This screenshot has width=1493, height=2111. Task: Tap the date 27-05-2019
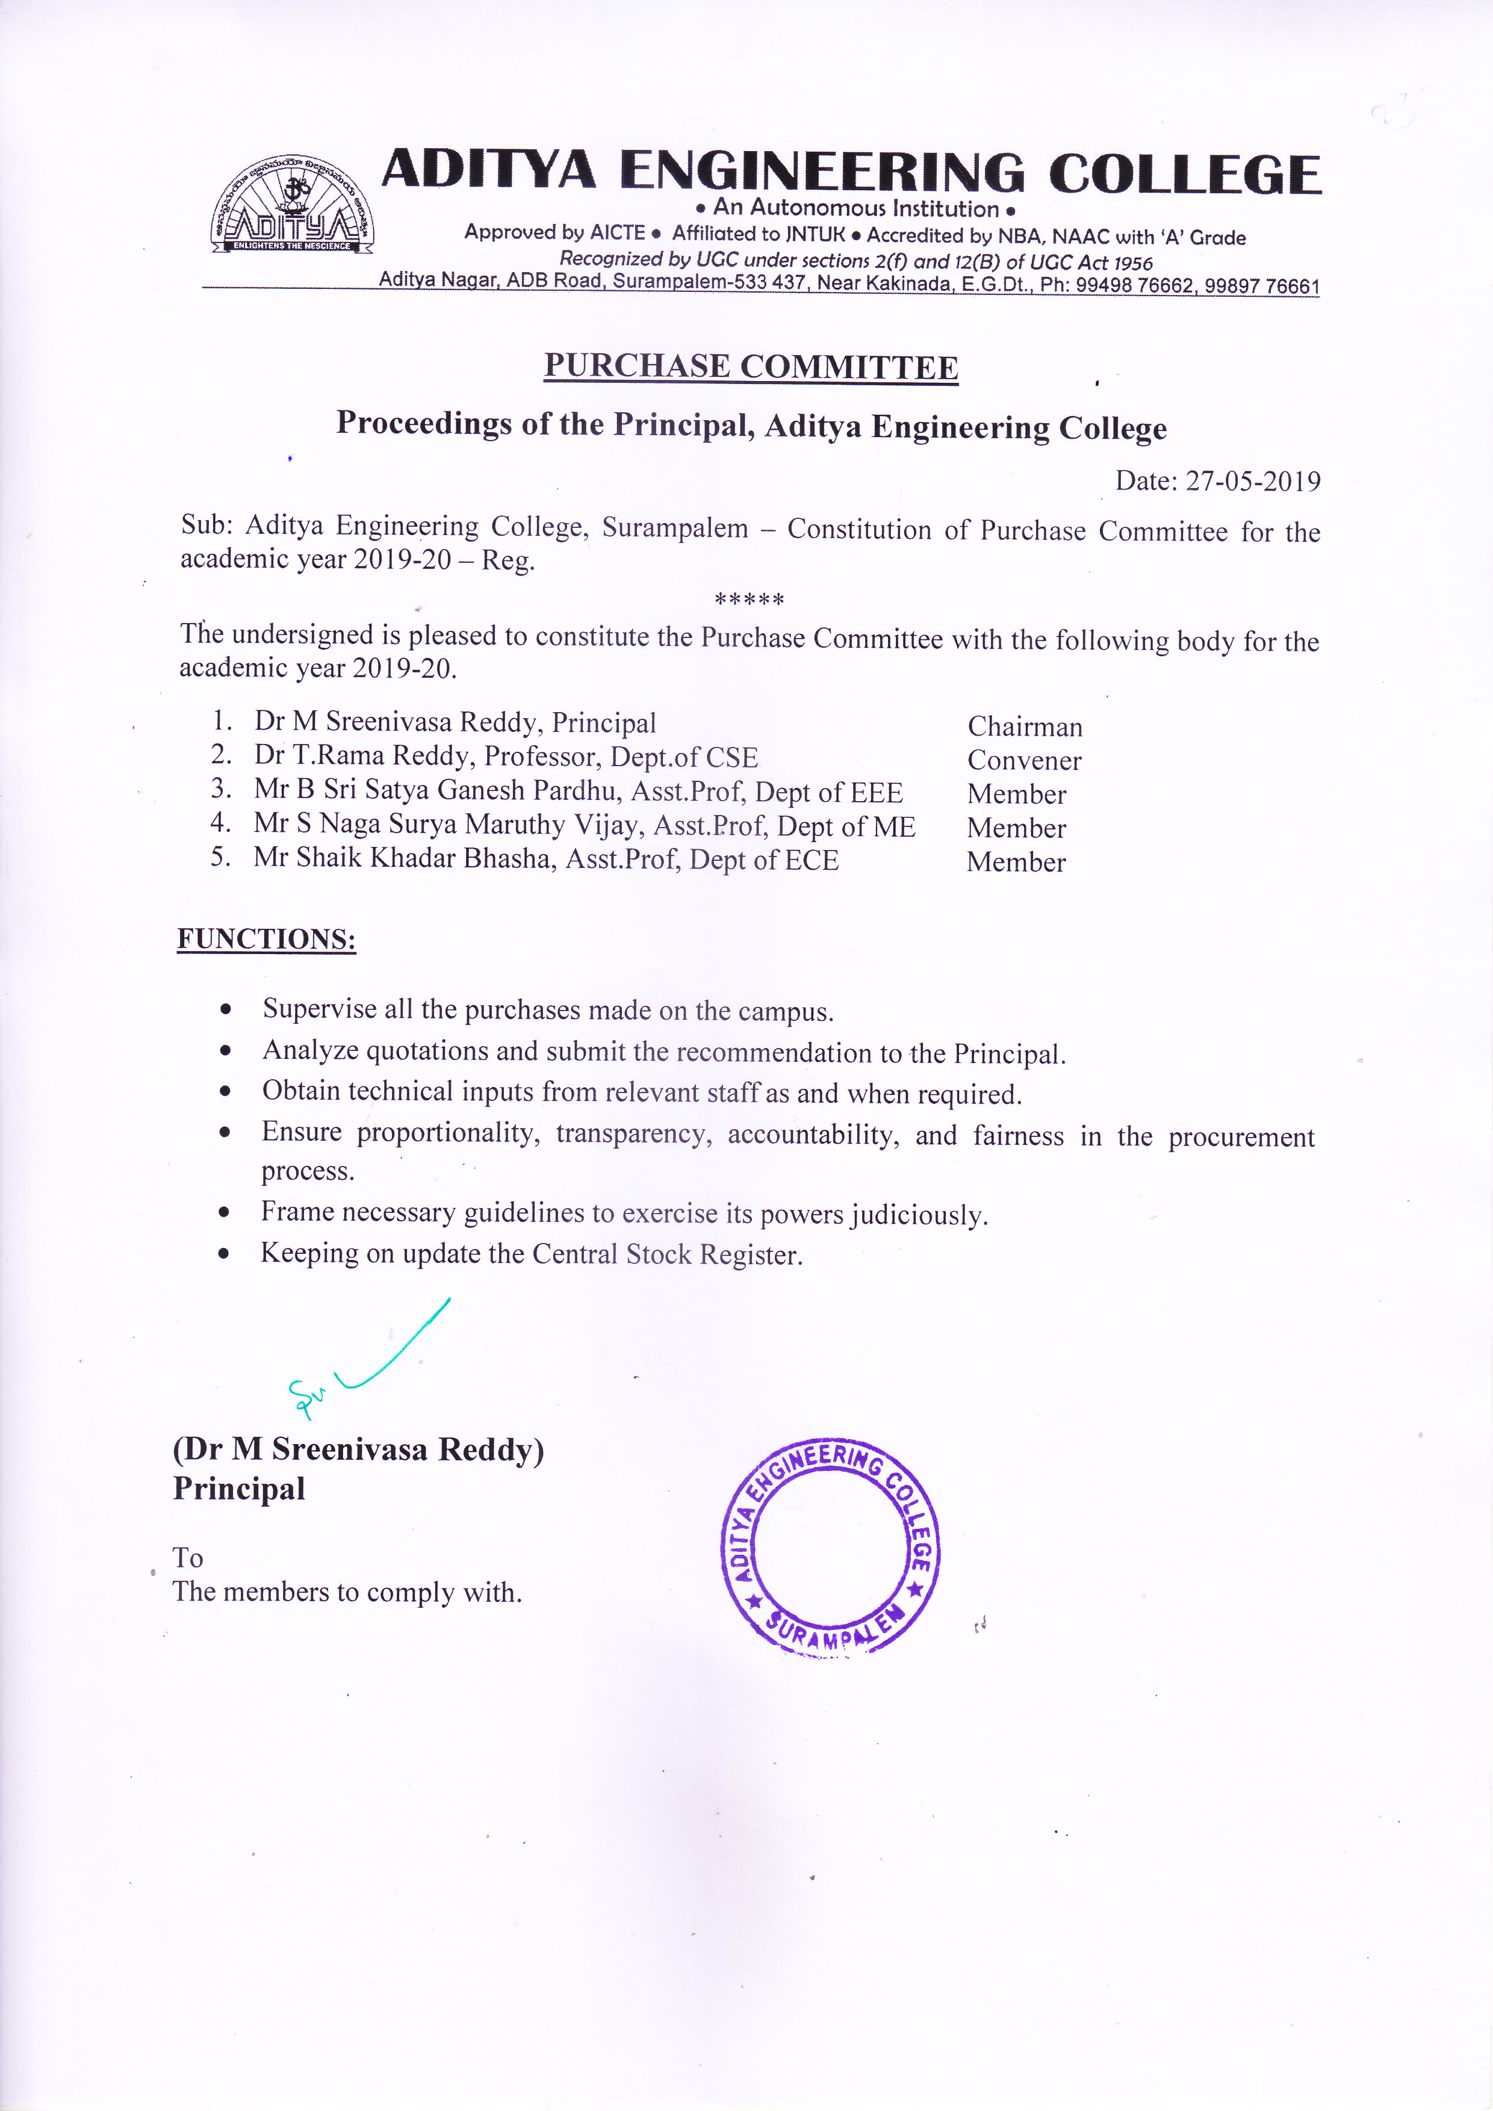1252,481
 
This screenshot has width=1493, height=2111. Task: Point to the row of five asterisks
750,600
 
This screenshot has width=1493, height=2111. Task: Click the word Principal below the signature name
239,1489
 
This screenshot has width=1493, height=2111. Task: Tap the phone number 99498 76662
1134,285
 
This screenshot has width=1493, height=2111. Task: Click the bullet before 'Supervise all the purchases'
225,1009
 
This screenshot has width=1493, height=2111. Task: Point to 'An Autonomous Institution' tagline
855,209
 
